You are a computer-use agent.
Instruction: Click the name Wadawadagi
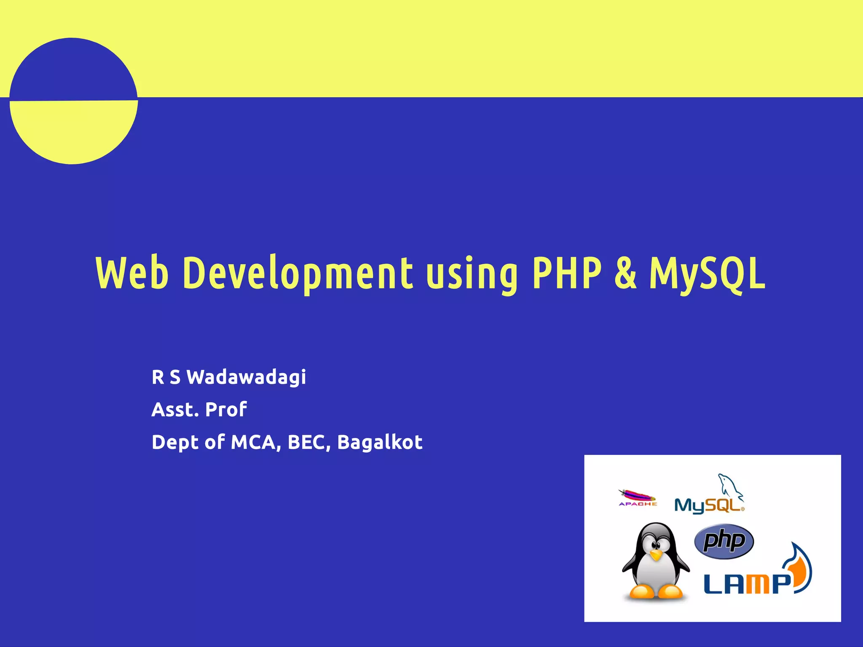point(246,377)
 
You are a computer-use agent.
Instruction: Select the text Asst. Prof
point(199,409)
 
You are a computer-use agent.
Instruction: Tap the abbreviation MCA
point(255,442)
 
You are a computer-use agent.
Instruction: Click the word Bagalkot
point(380,442)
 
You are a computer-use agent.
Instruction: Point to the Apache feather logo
point(637,496)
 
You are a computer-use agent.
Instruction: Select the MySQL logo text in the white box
point(708,505)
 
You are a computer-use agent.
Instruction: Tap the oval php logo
point(724,541)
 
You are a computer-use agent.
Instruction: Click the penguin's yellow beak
point(656,555)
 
